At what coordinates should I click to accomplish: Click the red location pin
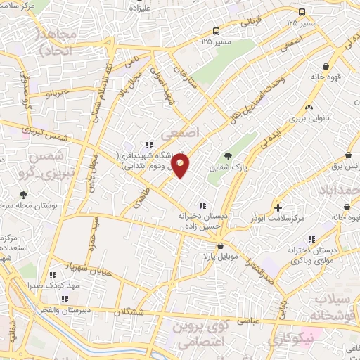[x=181, y=166]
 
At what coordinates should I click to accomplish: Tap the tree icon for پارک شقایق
[x=226, y=156]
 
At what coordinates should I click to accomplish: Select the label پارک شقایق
[x=226, y=168]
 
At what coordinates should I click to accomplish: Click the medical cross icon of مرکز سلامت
[x=278, y=207]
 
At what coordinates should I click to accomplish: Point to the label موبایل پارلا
[x=221, y=258]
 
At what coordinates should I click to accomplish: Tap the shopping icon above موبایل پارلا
[x=221, y=247]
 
